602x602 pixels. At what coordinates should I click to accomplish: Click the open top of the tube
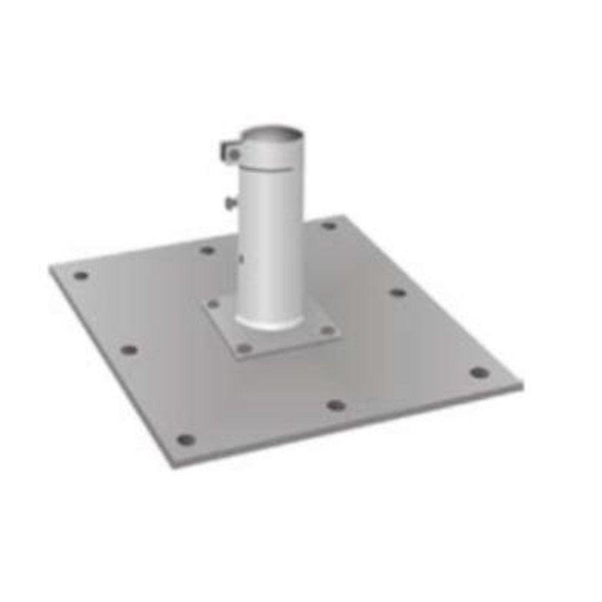(272, 131)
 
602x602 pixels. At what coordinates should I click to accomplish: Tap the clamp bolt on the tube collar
(233, 154)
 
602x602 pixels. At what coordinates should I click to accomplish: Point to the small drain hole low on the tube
(241, 257)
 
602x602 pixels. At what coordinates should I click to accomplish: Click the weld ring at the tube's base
(270, 323)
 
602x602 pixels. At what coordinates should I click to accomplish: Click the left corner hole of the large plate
(81, 275)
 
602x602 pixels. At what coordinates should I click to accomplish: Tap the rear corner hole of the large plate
(329, 225)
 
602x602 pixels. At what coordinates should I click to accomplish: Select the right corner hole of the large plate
(479, 373)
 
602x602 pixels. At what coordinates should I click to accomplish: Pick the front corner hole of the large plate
(186, 439)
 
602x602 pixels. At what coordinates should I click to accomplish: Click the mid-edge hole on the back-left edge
(207, 250)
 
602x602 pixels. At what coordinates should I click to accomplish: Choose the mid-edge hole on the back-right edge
(398, 292)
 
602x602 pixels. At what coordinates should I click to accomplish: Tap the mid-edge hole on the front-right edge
(336, 405)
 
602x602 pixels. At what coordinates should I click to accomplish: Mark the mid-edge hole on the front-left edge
(129, 350)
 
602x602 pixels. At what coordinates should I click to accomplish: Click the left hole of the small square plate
(214, 304)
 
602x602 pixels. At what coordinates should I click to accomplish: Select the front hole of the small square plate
(243, 348)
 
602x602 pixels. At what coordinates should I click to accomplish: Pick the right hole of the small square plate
(327, 330)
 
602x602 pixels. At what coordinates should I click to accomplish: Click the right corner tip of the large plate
(521, 386)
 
